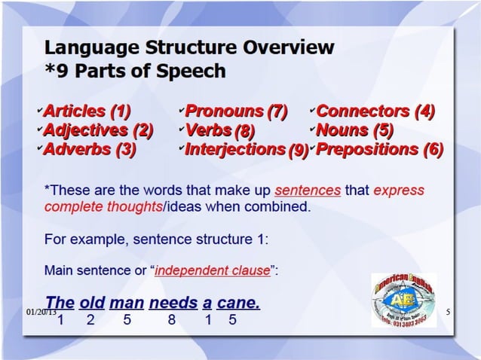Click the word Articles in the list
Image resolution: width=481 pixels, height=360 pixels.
click(76, 112)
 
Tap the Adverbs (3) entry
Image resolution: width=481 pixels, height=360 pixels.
click(90, 148)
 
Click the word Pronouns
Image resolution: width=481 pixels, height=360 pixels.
click(225, 112)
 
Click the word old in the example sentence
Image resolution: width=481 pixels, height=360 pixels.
click(92, 304)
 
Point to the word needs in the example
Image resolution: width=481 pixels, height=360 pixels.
click(172, 304)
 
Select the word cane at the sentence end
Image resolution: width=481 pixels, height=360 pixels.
click(238, 304)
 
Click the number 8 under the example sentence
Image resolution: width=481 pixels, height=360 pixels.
click(172, 320)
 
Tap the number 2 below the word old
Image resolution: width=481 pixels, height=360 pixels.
click(90, 320)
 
